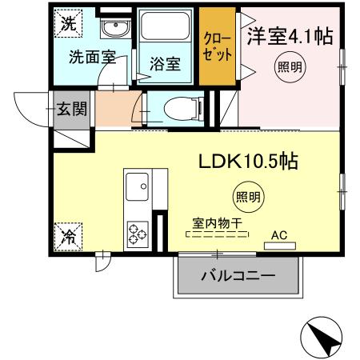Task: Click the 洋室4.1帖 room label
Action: point(290,36)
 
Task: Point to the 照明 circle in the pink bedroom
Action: point(290,67)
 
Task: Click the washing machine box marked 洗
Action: point(69,23)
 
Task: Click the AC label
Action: point(279,235)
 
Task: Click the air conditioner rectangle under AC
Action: point(279,246)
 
